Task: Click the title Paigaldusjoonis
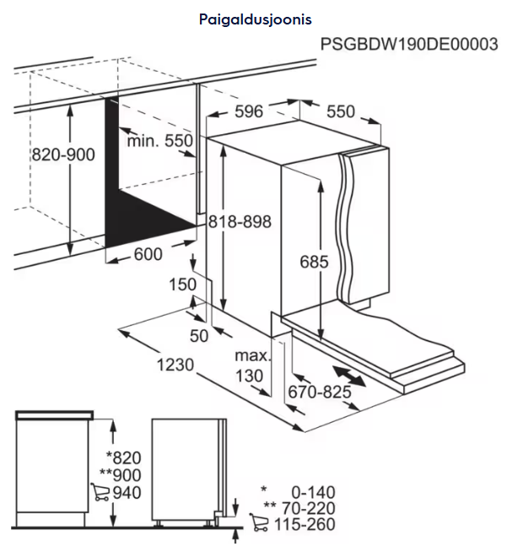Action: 256,19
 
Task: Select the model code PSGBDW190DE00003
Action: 409,45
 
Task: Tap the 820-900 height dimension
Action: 63,154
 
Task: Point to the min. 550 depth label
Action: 160,141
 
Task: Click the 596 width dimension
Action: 249,111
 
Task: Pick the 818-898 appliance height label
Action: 240,222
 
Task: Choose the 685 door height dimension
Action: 315,262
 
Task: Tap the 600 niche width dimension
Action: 148,254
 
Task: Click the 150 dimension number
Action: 183,284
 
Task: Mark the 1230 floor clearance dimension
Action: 175,365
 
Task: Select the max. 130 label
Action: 253,365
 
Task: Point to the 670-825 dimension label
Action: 320,392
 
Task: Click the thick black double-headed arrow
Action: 349,376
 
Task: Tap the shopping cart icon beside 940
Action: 100,492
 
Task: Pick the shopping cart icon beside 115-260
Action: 259,522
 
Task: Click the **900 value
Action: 121,475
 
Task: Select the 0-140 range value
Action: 313,492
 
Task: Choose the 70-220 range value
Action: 309,508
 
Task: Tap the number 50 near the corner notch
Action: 199,335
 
